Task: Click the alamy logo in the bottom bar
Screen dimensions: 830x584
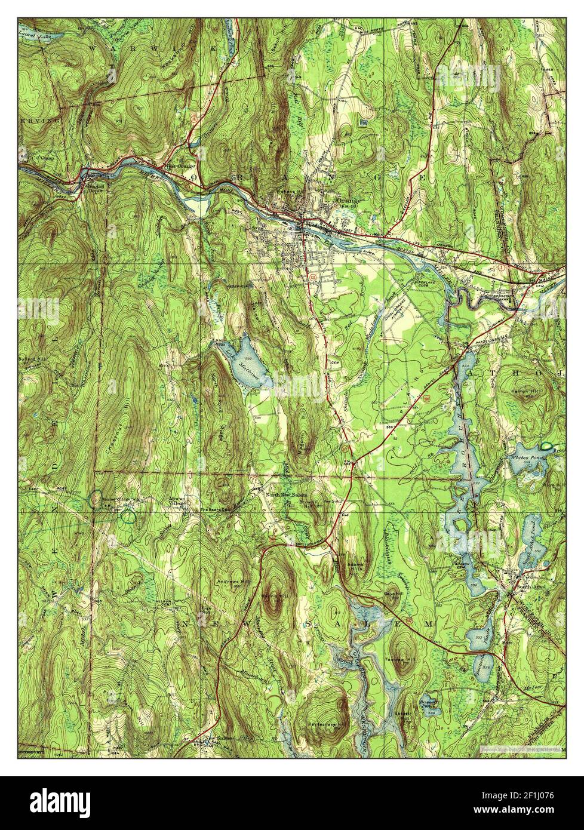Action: [81, 803]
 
